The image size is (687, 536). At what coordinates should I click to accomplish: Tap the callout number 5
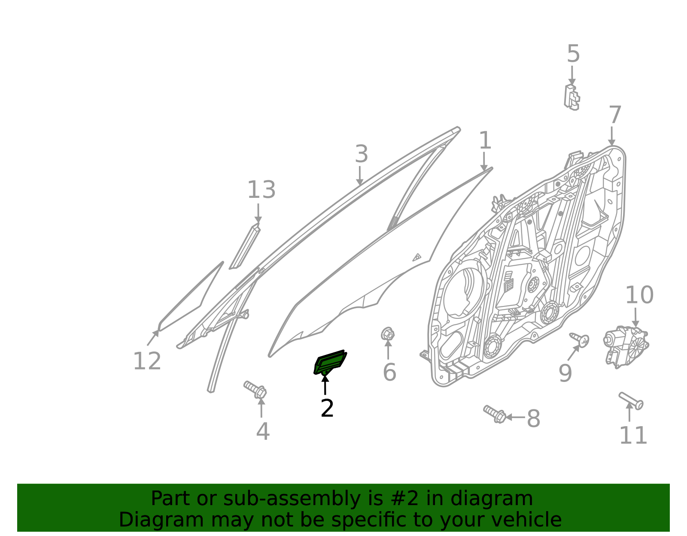(x=573, y=54)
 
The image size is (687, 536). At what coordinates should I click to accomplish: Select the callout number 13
(x=261, y=190)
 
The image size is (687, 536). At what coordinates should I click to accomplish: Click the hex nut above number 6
(x=388, y=334)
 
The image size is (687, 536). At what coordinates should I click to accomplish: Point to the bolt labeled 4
(x=255, y=389)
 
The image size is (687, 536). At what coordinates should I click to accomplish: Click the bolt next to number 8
(x=495, y=414)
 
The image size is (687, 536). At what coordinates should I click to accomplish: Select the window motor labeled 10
(x=626, y=346)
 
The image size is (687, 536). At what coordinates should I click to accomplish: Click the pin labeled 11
(x=631, y=401)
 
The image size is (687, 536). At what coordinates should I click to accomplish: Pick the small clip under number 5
(x=572, y=97)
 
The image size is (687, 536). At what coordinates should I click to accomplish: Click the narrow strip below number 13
(x=244, y=247)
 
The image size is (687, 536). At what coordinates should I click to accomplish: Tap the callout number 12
(x=147, y=362)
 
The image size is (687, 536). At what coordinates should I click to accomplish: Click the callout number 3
(x=362, y=154)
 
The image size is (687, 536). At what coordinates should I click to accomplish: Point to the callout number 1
(x=485, y=141)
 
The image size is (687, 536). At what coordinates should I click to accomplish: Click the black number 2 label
(x=327, y=409)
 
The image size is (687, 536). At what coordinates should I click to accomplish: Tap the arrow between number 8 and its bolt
(x=515, y=417)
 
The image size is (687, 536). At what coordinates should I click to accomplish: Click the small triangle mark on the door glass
(x=416, y=257)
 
